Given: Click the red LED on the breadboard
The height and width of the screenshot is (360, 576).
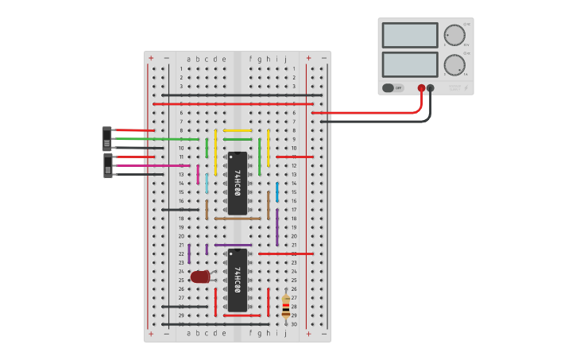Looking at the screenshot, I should pyautogui.click(x=200, y=277).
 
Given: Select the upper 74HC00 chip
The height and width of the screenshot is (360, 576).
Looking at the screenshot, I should pyautogui.click(x=237, y=183).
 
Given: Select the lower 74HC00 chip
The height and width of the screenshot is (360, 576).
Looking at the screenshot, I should pyautogui.click(x=237, y=281).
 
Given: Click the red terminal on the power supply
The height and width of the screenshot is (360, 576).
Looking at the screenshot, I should pyautogui.click(x=421, y=88).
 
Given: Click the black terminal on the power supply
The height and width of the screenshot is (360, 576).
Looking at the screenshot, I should pyautogui.click(x=431, y=88).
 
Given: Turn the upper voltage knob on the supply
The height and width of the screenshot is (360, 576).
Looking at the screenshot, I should pyautogui.click(x=454, y=35).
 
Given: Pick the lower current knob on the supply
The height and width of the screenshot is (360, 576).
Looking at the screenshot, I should pyautogui.click(x=454, y=64).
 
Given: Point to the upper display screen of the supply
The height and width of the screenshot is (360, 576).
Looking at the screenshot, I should pyautogui.click(x=410, y=35).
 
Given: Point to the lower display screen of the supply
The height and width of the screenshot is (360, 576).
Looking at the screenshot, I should pyautogui.click(x=410, y=64).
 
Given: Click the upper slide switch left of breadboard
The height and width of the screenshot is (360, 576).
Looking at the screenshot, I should pyautogui.click(x=107, y=138).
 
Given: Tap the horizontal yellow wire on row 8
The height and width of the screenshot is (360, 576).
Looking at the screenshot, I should pyautogui.click(x=238, y=130).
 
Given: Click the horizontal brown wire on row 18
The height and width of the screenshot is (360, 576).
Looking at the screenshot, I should pyautogui.click(x=238, y=219).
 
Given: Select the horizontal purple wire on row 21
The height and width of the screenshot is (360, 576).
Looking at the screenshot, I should pyautogui.click(x=233, y=245).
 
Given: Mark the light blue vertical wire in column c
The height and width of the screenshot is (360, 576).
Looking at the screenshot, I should pyautogui.click(x=207, y=184).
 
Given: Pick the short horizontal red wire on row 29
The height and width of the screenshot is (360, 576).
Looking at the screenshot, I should pyautogui.click(x=242, y=315).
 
